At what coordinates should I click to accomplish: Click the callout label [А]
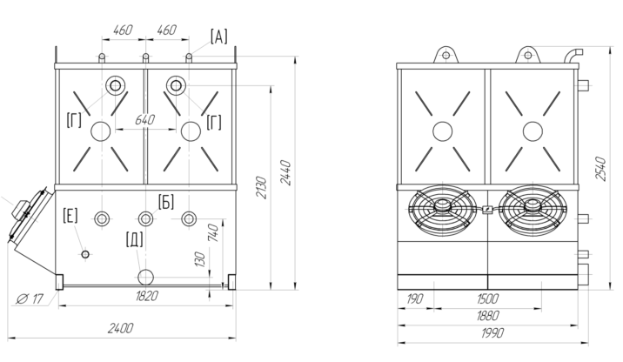pyautogui.click(x=218, y=36)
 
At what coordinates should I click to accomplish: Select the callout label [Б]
pyautogui.click(x=166, y=202)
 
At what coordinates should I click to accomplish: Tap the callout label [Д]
pyautogui.click(x=134, y=238)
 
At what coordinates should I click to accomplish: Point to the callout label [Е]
pyautogui.click(x=70, y=215)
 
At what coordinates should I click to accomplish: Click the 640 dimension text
pyautogui.click(x=145, y=119)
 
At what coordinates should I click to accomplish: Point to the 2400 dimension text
pyautogui.click(x=120, y=327)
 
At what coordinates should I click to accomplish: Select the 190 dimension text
pyautogui.click(x=416, y=298)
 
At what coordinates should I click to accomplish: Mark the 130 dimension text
pyautogui.click(x=200, y=258)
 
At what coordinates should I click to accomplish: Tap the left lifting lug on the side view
pyautogui.click(x=445, y=54)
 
